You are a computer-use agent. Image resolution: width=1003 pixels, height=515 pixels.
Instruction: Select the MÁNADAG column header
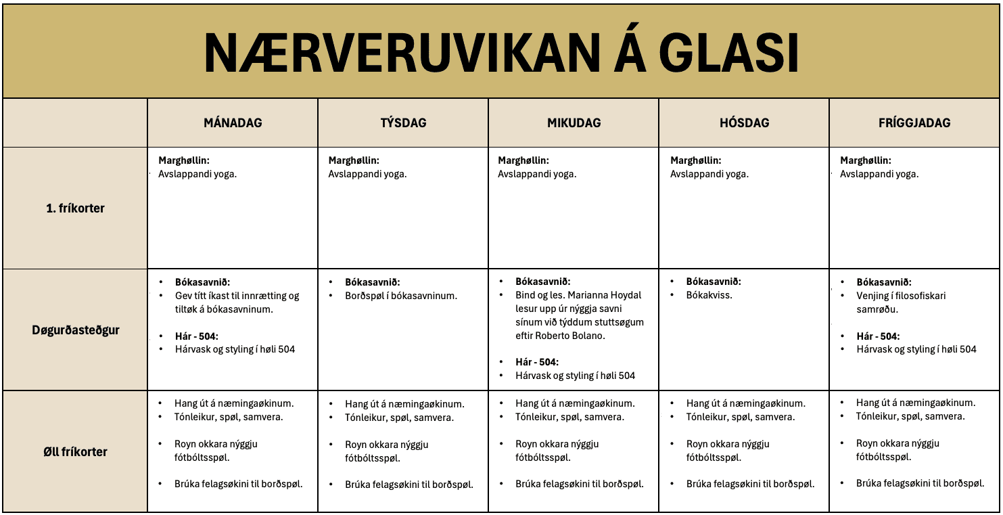233,123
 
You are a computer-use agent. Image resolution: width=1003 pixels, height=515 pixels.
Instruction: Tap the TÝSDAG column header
403,123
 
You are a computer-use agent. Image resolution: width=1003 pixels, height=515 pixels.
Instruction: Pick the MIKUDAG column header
574,123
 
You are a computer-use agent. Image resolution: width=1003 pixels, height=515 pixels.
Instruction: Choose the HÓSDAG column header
744,123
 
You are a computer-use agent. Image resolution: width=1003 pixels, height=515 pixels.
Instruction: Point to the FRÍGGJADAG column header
914,123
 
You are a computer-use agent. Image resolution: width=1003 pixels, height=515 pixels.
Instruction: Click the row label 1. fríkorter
76,208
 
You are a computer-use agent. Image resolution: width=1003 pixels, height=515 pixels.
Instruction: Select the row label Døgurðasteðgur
76,330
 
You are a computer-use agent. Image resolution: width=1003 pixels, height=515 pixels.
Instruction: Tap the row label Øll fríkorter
76,451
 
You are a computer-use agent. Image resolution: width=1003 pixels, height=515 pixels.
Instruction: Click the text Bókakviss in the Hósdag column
709,296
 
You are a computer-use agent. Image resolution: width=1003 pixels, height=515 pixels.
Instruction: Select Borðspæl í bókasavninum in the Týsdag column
401,296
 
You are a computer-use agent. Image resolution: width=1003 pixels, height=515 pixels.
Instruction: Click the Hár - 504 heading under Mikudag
537,362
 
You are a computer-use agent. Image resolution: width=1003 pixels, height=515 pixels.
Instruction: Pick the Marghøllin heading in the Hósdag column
695,160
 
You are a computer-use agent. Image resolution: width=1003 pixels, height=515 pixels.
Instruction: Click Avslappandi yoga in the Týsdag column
367,174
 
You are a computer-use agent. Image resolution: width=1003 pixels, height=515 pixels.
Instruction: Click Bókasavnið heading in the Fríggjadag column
883,282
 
